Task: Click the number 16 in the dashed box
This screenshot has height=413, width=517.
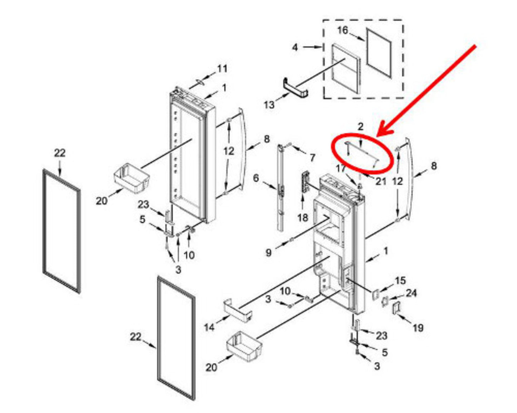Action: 343,30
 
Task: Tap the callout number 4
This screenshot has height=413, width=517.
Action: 295,48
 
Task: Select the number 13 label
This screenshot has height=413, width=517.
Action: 269,105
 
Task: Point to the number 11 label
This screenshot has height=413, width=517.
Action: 222,69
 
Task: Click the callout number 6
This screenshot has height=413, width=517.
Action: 256,178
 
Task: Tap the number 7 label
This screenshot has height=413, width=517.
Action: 312,158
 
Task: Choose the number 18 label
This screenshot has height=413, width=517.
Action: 303,218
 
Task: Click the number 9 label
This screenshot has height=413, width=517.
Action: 268,253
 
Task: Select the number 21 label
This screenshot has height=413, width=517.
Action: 381,181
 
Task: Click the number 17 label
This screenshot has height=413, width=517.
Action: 341,169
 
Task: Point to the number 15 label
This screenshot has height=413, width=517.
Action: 400,280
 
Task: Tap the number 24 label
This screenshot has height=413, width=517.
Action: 411,293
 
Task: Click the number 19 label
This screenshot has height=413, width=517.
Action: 418,328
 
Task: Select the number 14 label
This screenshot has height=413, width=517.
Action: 209,327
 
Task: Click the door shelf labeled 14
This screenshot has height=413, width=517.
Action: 238,310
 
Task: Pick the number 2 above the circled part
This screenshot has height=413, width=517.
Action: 360,127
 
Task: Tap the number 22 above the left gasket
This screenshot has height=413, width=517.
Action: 60,153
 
